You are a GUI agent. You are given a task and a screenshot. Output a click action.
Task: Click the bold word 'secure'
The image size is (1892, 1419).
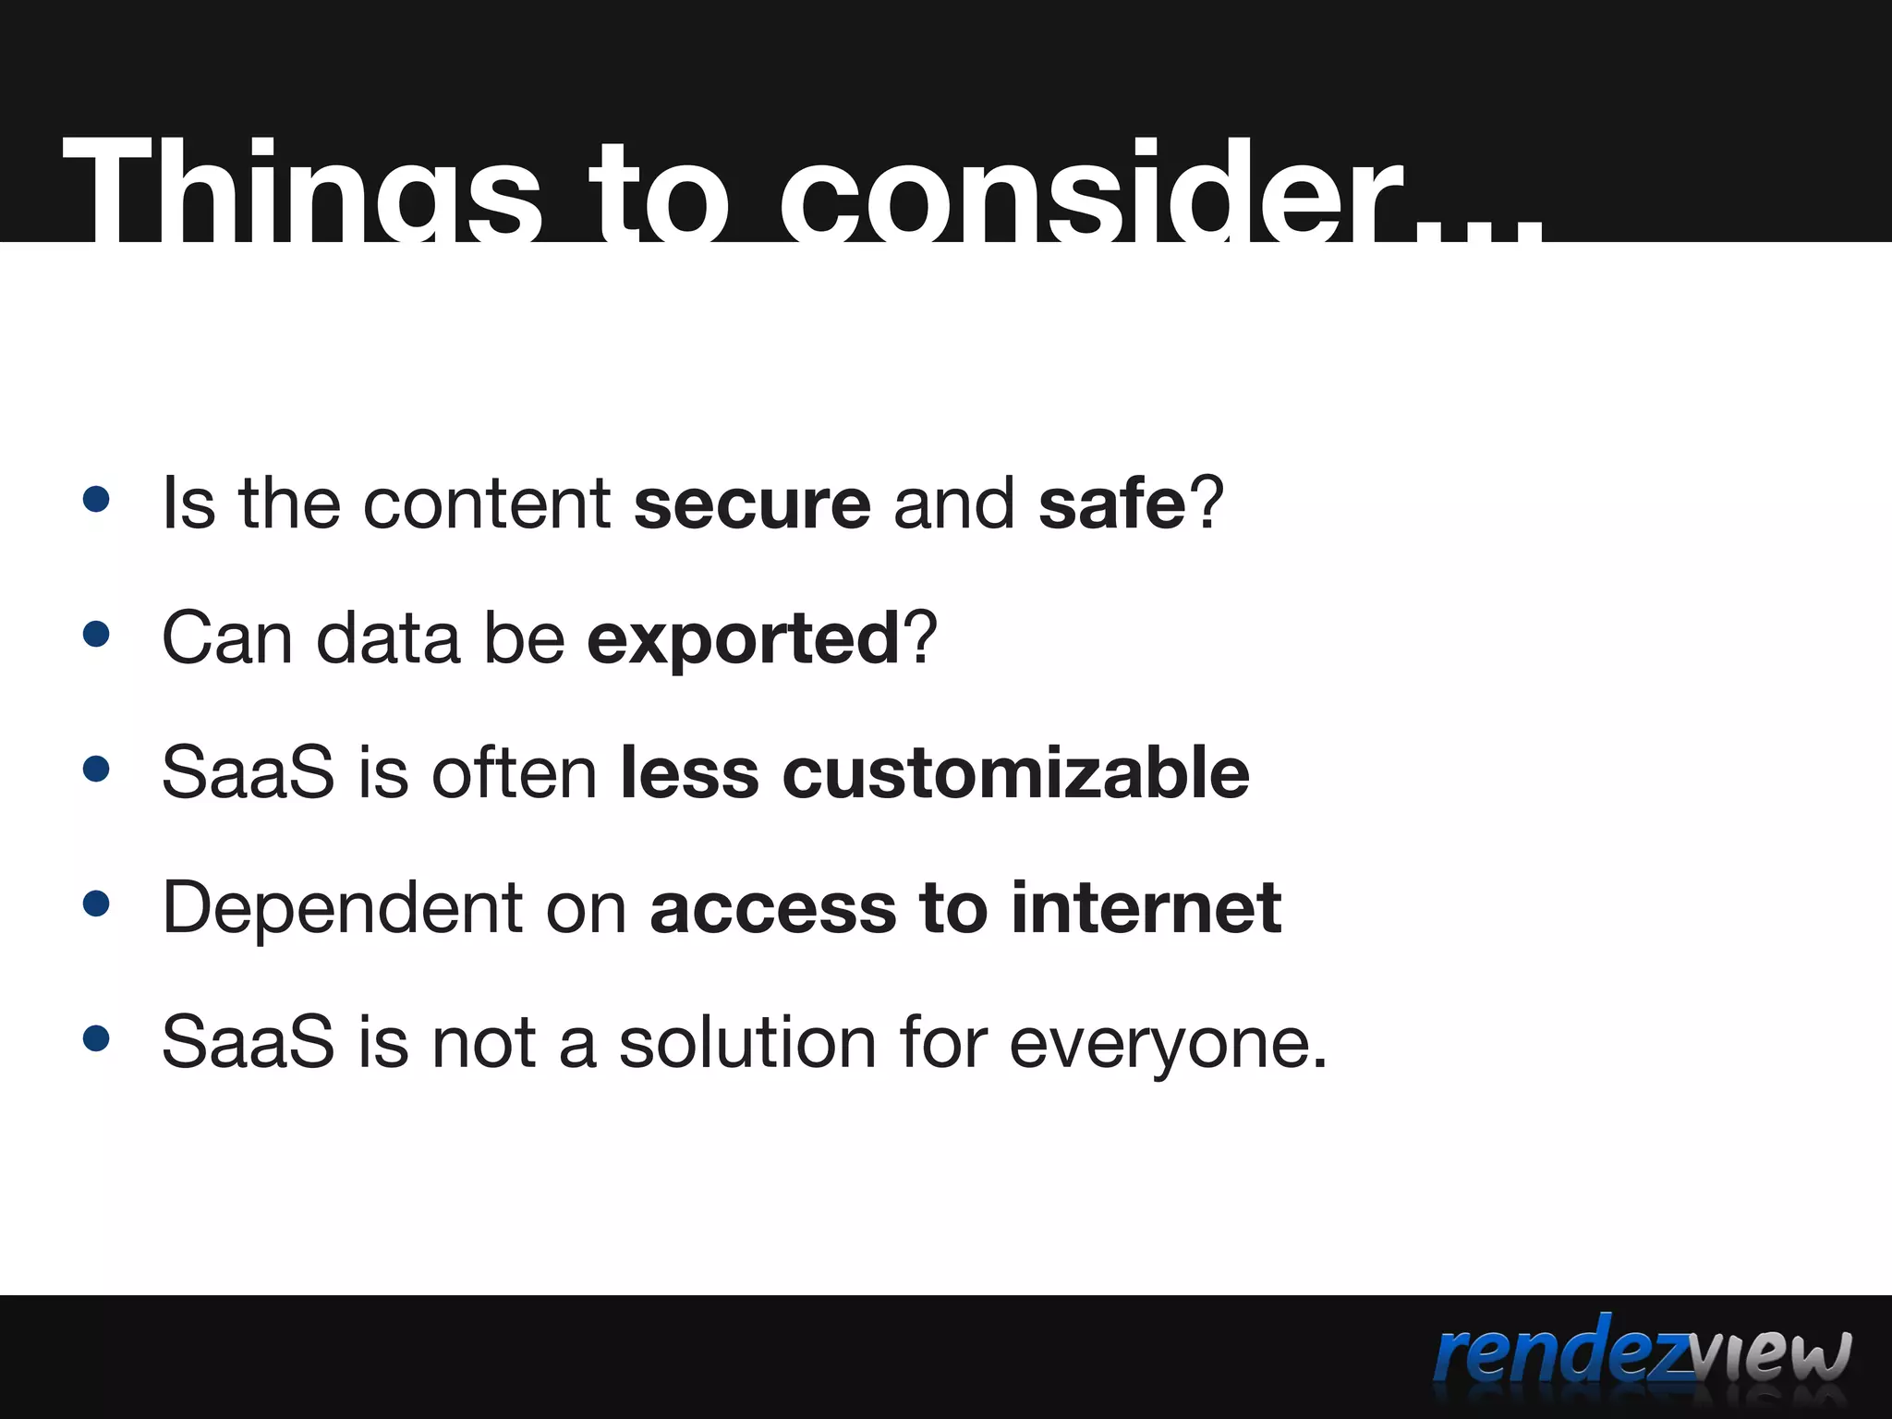point(752,504)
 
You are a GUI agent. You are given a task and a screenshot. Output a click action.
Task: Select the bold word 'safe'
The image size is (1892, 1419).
point(1111,504)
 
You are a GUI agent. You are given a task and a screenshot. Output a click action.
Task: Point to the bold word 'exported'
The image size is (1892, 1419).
point(743,639)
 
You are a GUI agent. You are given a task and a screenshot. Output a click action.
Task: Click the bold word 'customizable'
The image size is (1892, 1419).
point(1015,773)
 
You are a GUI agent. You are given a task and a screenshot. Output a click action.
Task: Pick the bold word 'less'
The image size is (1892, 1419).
point(689,773)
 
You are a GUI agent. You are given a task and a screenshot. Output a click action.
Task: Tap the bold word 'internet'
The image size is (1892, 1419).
point(1146,908)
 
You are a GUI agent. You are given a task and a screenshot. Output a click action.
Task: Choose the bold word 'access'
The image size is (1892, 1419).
point(773,908)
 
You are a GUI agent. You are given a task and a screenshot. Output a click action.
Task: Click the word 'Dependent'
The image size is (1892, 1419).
point(343,908)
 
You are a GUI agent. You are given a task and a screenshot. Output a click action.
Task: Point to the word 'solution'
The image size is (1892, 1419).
point(746,1042)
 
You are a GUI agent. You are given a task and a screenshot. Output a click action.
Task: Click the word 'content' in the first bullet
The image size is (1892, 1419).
point(487,504)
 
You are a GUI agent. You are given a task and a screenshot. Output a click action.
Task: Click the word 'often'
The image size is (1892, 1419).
point(515,773)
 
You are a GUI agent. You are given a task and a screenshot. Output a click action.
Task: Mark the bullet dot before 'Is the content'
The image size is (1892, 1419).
point(96,500)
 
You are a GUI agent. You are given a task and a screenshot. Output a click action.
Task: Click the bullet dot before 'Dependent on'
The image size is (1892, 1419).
point(96,904)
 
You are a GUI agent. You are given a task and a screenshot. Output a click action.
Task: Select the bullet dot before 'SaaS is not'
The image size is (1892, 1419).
point(96,1038)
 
